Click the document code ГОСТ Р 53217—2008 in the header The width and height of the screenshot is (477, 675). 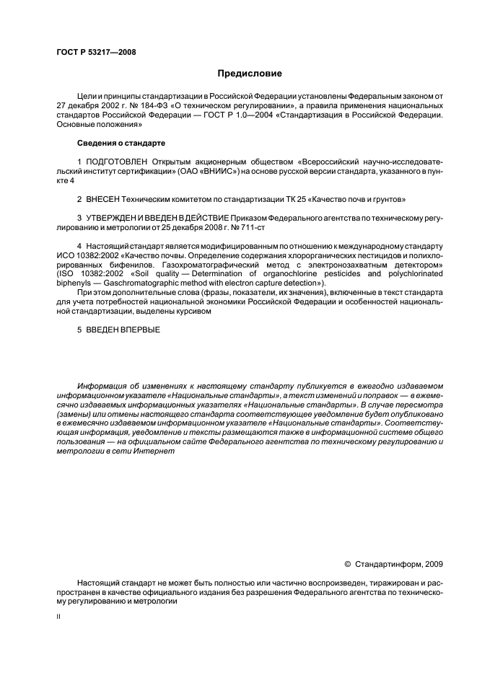tap(95, 52)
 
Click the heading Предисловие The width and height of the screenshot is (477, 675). tap(250, 74)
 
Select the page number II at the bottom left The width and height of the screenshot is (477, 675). tap(58, 617)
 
